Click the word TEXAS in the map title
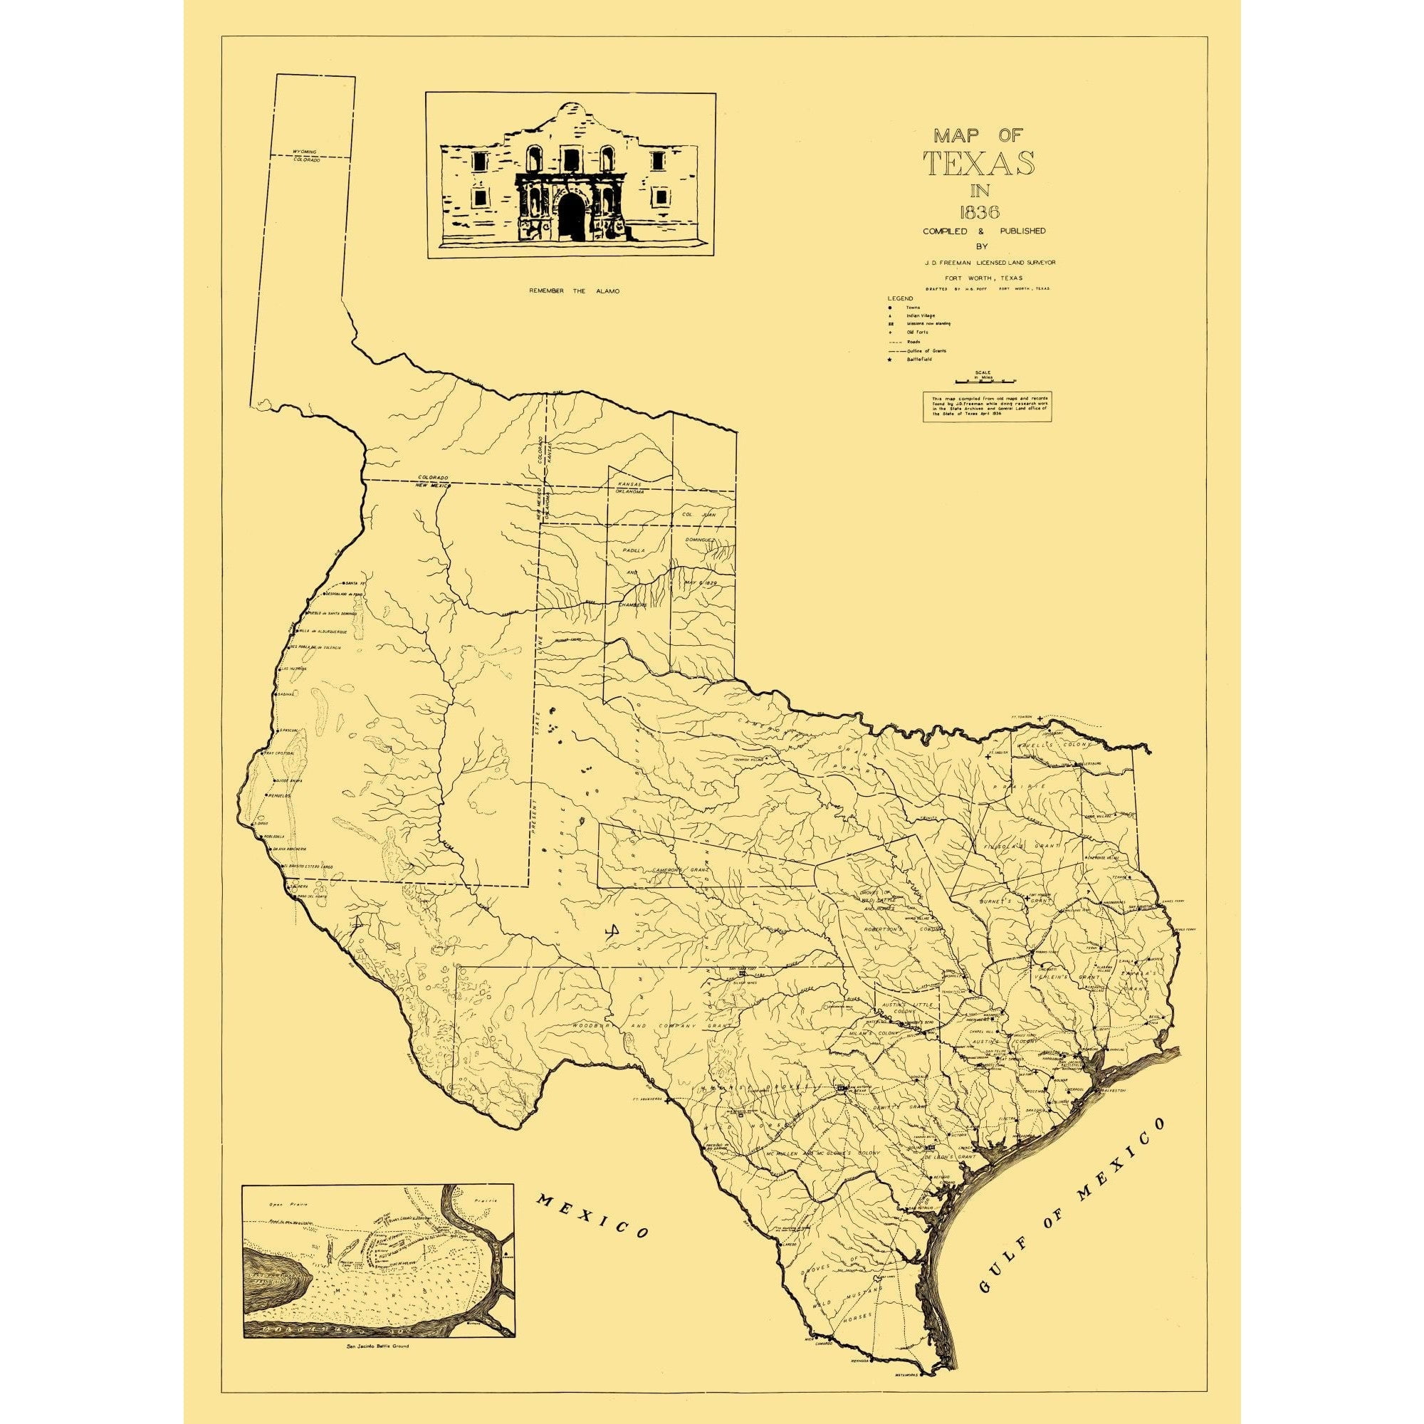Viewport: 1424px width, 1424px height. coord(980,164)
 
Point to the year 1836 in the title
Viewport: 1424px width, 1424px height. coord(980,212)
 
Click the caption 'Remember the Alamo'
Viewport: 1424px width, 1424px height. coord(574,291)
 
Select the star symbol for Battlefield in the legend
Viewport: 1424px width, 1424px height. coord(891,359)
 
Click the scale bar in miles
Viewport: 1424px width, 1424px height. coord(985,381)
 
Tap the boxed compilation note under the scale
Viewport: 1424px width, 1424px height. coord(987,406)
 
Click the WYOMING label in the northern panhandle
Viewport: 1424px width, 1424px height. coord(305,151)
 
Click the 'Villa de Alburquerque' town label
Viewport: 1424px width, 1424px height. coord(322,632)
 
